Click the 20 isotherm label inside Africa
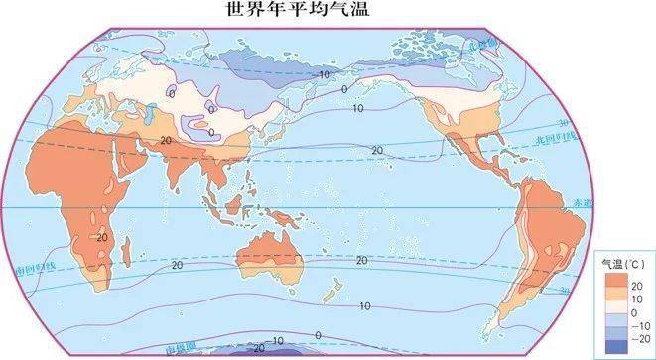(101, 237)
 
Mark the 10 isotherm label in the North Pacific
(357, 108)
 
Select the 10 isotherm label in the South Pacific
(364, 306)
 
